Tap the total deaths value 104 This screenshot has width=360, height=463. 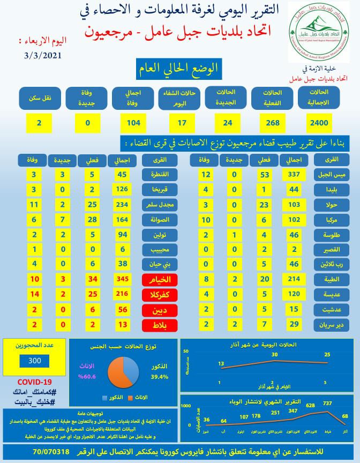coord(133,123)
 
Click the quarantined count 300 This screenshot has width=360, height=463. coord(34,361)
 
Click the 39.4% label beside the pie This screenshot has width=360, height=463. coord(159,376)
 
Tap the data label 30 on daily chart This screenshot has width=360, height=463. coord(275,354)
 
